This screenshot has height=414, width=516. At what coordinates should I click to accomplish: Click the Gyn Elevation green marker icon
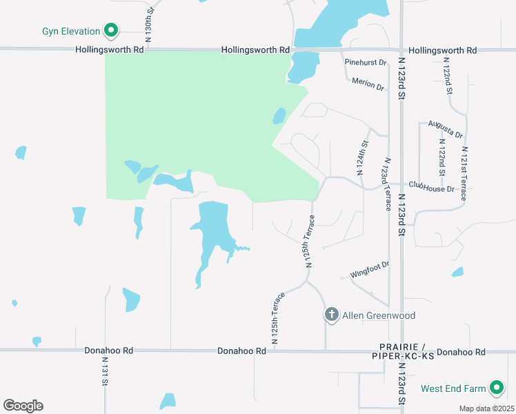[111, 30]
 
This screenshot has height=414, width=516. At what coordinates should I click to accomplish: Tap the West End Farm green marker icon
[497, 388]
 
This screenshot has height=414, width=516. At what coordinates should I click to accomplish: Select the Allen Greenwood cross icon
[332, 315]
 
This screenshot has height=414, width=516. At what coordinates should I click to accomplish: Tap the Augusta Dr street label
[445, 128]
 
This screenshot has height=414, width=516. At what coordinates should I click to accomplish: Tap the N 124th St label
[364, 159]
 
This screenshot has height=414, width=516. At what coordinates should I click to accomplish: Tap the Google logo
[23, 406]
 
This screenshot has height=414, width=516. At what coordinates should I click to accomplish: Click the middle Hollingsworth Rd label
[255, 50]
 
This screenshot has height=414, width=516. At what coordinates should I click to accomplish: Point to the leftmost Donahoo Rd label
[108, 351]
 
